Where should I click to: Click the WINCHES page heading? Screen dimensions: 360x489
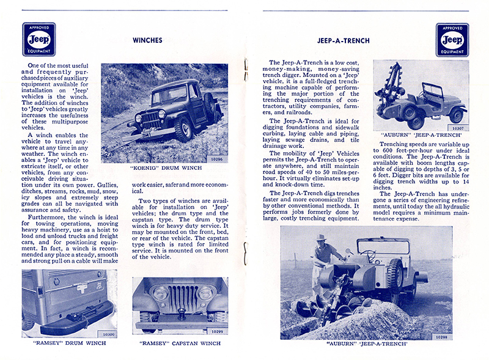click(x=147, y=41)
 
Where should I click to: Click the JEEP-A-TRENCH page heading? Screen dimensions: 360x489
click(x=344, y=41)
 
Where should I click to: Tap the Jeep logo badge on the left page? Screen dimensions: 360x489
click(x=39, y=40)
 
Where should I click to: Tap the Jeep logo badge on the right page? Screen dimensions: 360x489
click(x=452, y=40)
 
